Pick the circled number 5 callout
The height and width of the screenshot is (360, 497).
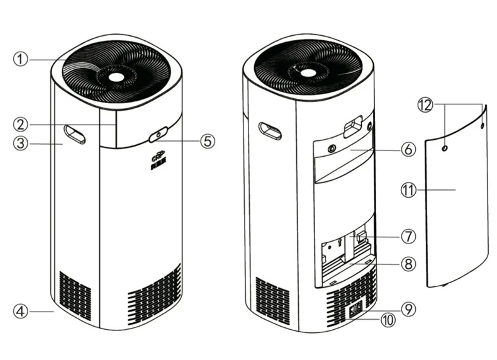point(208,140)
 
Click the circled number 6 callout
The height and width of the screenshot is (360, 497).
point(408,150)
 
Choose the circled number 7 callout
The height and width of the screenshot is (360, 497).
point(408,237)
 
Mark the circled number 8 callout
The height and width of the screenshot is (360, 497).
point(408,264)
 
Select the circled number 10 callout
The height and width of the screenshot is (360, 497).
point(388,320)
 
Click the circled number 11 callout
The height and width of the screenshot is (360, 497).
point(408,188)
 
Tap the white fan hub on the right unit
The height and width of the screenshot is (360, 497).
point(308,73)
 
